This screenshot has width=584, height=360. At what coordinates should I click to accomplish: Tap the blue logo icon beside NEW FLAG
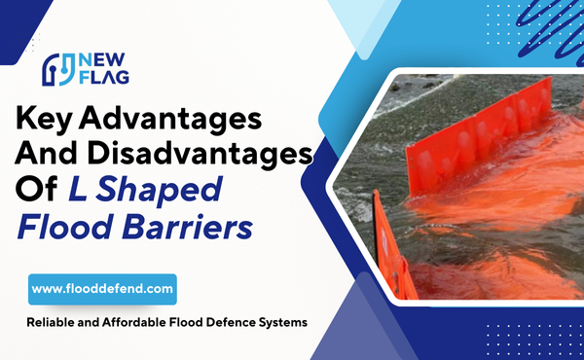[57, 69]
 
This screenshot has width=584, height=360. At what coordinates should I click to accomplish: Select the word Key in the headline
[55, 122]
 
